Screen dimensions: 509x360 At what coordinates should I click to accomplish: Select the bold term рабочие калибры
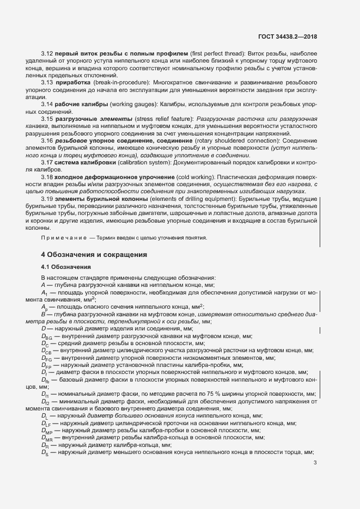pyautogui.click(x=81, y=104)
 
